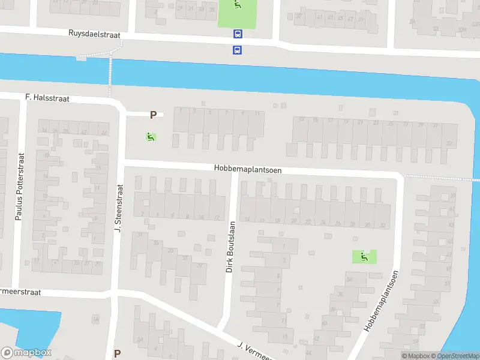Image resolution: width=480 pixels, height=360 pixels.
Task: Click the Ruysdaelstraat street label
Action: coord(95,35)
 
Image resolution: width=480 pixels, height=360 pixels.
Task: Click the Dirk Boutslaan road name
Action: coord(230,247)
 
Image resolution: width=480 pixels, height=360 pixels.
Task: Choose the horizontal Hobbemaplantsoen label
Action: coord(247,170)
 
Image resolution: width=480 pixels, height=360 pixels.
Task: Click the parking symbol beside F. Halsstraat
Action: coord(154,115)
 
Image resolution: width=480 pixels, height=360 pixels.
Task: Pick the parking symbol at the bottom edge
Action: coord(118,353)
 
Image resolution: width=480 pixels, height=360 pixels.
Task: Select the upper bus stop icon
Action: coord(238,35)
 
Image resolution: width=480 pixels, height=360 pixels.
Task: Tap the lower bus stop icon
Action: coord(238,50)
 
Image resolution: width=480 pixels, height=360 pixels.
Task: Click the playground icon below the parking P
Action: coord(149,137)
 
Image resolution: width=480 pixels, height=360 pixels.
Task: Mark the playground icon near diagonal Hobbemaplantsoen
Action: coord(364,257)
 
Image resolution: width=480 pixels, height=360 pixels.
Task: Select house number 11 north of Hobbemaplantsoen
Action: coord(257,113)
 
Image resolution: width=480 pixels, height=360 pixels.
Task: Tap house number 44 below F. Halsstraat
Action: coord(104,133)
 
